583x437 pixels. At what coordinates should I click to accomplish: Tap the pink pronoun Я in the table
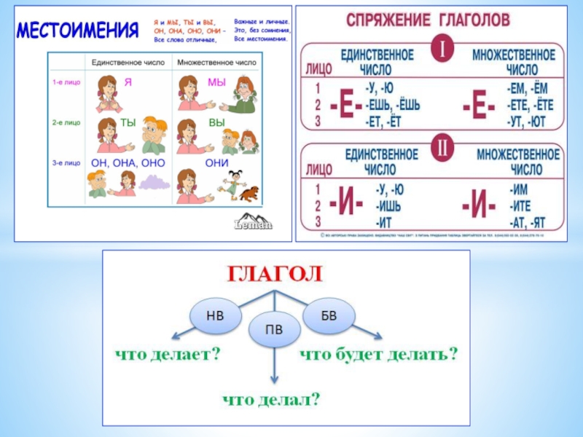click(128, 82)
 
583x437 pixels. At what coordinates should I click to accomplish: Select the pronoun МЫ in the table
click(217, 82)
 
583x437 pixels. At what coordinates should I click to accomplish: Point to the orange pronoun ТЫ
click(128, 122)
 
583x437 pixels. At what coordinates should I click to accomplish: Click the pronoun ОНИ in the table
click(217, 162)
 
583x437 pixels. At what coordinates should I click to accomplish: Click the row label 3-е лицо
click(66, 163)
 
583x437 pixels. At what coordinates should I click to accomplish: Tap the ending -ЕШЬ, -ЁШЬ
click(392, 106)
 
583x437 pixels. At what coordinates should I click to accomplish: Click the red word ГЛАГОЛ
click(275, 274)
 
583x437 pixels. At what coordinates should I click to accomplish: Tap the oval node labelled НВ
click(215, 315)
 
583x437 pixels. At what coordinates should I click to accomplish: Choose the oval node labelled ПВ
click(274, 330)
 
